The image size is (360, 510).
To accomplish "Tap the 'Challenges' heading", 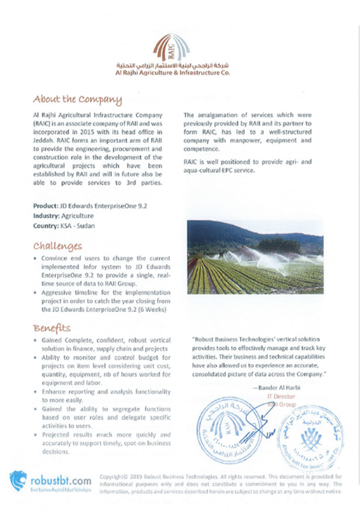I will click(57, 246).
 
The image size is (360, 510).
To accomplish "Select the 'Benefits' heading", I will click(52, 328).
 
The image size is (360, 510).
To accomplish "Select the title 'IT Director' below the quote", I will click(281, 396).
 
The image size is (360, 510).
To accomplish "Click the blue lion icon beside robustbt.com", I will click(18, 481).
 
